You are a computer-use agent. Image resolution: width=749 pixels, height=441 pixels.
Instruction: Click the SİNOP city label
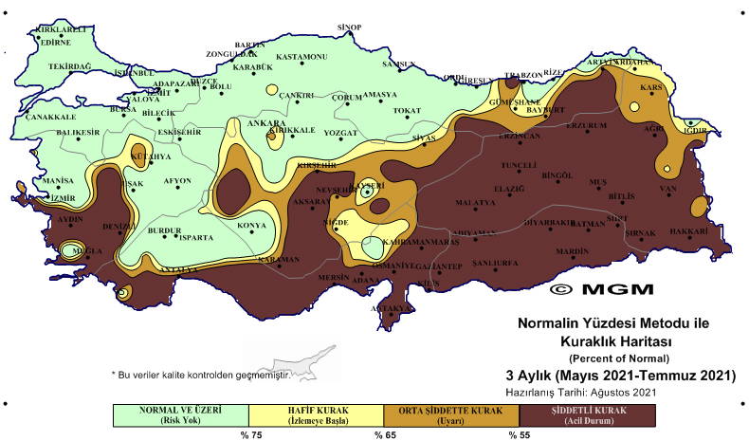(350, 28)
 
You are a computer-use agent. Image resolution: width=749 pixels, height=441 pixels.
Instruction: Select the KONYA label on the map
(251, 225)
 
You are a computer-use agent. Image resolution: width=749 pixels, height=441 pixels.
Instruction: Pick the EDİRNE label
(56, 42)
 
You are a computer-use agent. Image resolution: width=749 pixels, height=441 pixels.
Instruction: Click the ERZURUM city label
(585, 125)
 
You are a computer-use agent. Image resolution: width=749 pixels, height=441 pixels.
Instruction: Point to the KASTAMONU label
(301, 57)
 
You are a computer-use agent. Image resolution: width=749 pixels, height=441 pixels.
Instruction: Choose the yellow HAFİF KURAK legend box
(317, 414)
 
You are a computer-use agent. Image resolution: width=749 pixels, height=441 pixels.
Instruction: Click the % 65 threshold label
(384, 434)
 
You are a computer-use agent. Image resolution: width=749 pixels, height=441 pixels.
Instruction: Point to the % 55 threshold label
(520, 434)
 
